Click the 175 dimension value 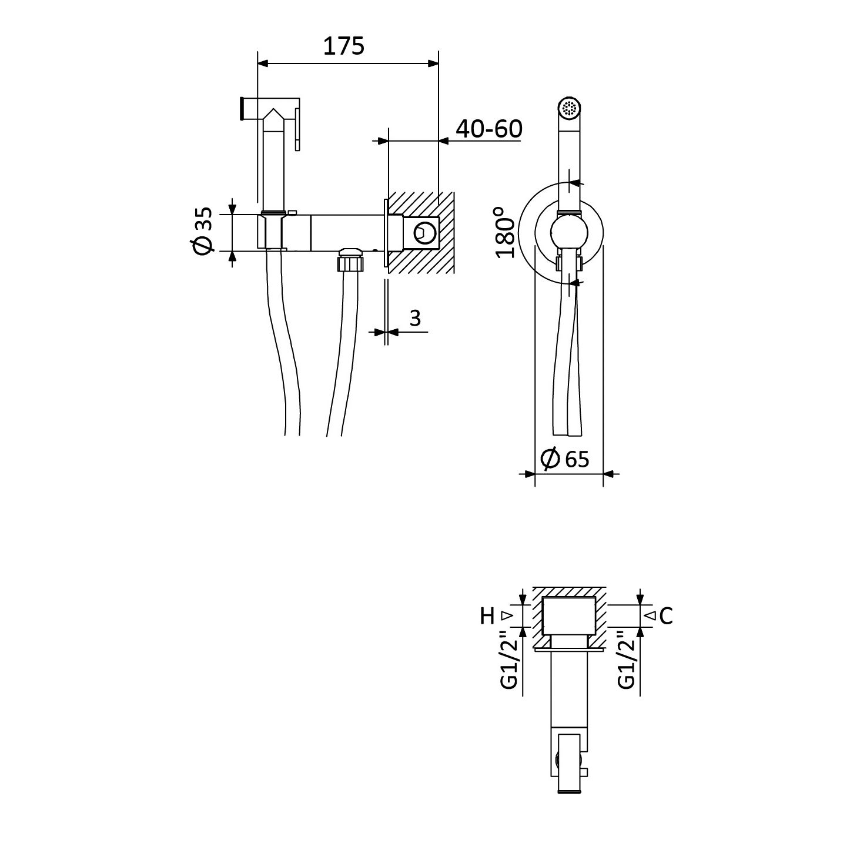click(x=344, y=46)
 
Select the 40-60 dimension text click(x=488, y=129)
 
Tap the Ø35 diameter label click(x=203, y=231)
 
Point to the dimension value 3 click(x=415, y=318)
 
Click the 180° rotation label click(x=504, y=232)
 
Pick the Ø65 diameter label click(x=565, y=459)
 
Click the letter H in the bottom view click(x=487, y=616)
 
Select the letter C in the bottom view click(x=666, y=616)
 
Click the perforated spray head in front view click(x=570, y=108)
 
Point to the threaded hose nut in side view click(x=350, y=260)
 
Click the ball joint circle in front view click(x=569, y=232)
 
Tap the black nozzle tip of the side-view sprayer click(x=242, y=108)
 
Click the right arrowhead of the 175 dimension click(x=433, y=63)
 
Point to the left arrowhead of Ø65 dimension click(x=529, y=474)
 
